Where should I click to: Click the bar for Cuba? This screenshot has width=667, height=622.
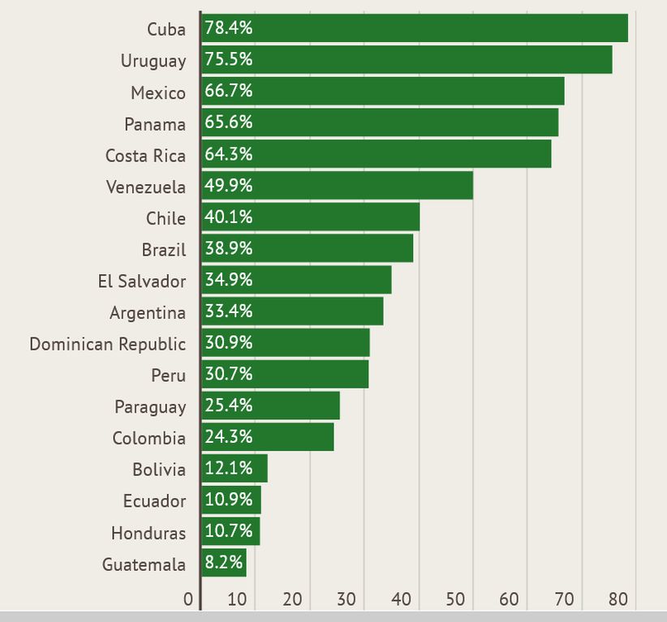(415, 28)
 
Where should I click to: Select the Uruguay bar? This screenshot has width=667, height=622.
(407, 60)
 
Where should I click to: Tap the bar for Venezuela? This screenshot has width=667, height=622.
(337, 186)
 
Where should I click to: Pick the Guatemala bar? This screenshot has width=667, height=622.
(224, 564)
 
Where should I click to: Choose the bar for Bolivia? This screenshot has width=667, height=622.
(235, 469)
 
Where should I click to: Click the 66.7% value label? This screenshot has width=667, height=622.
(229, 91)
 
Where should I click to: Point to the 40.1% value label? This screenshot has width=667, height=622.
(229, 217)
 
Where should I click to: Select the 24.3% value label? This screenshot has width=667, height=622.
(229, 437)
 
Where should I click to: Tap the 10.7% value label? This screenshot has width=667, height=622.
(229, 531)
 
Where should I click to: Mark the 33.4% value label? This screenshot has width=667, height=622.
(229, 311)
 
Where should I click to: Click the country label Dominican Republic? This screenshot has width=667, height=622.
(107, 344)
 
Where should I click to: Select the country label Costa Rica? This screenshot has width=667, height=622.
(145, 156)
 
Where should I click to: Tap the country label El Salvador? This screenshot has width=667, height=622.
(141, 281)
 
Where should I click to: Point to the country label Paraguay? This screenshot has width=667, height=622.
(150, 407)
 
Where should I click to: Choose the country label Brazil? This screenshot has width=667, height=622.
(164, 250)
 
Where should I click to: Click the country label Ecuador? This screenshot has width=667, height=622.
(154, 501)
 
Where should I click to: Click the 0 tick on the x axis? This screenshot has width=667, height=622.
(188, 599)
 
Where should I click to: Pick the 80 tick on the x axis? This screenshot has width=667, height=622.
(619, 599)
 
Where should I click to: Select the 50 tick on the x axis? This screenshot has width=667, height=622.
(456, 599)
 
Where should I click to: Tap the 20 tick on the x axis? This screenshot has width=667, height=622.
(293, 599)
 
